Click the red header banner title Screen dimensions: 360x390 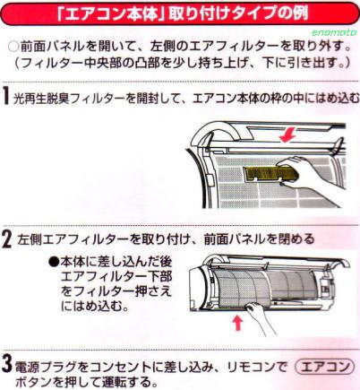click(x=179, y=13)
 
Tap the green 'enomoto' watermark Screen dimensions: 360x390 click(x=334, y=32)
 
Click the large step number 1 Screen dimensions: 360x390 click(x=5, y=95)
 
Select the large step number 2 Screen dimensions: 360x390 click(x=7, y=239)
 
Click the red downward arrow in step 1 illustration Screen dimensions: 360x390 click(x=287, y=135)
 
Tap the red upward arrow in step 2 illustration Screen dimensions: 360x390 click(x=237, y=324)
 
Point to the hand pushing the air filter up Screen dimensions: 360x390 click(x=258, y=316)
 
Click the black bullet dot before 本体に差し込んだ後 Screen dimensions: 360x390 click(x=54, y=262)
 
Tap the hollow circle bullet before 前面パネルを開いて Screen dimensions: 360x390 click(x=13, y=48)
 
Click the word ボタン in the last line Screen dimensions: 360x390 click(x=33, y=382)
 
